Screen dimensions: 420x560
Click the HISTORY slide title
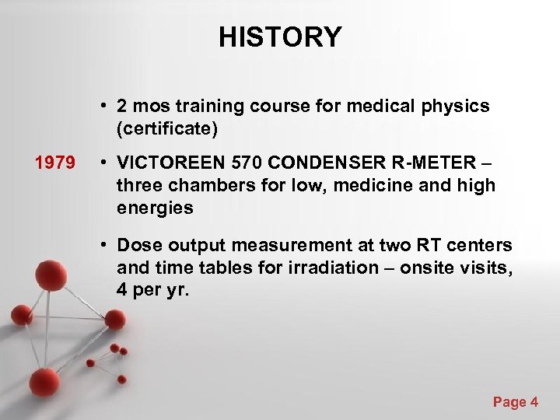tap(280, 37)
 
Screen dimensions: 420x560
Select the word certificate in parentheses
tap(166, 128)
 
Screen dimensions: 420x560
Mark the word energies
tap(155, 208)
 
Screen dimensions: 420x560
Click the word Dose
tap(138, 246)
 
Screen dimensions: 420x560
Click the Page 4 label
tap(515, 401)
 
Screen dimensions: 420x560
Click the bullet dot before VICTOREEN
tap(103, 163)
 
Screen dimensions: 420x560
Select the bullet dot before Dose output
tap(103, 246)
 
